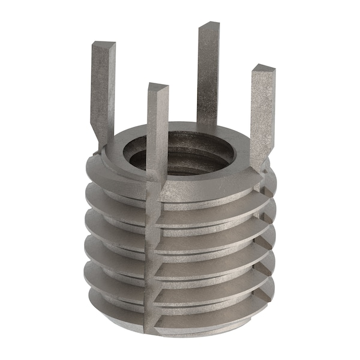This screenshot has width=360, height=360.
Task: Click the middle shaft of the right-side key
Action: point(262,114)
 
